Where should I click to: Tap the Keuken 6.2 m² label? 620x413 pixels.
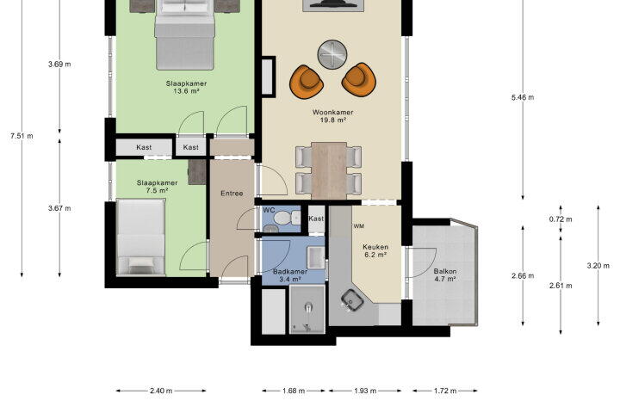(375, 251)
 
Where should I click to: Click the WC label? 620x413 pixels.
(269, 210)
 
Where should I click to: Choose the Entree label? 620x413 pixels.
(232, 194)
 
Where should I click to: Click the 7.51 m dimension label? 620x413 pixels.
(22, 136)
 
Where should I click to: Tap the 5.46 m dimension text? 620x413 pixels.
(523, 97)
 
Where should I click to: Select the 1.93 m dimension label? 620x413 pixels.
(365, 391)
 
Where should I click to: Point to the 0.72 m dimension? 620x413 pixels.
(561, 219)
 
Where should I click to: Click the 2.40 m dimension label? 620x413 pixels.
(161, 391)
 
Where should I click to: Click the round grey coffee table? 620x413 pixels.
(332, 54)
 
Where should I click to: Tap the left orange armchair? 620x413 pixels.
(307, 81)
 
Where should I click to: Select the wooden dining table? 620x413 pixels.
(329, 170)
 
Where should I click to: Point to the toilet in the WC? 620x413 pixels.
(288, 218)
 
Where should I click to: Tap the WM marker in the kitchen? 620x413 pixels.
(359, 226)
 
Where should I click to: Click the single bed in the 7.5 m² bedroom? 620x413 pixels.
(140, 237)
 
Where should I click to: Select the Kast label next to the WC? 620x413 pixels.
(316, 219)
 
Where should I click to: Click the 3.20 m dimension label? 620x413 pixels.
(598, 266)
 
